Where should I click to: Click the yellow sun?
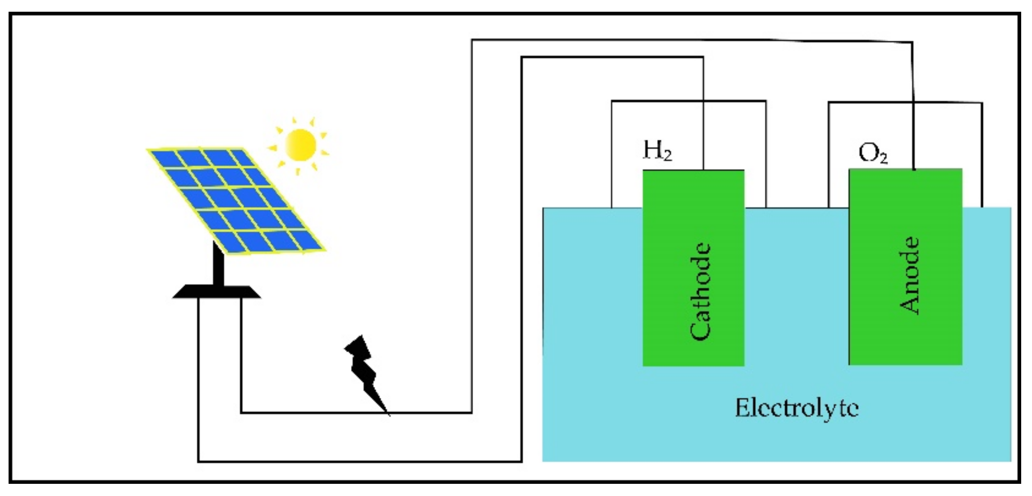tap(300, 145)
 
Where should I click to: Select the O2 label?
tap(872, 153)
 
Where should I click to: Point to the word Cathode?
tap(700, 291)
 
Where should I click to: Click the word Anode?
tap(908, 275)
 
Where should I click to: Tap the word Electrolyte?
tap(797, 408)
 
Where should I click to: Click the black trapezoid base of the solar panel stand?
tap(217, 292)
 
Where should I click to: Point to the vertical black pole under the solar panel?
tap(218, 266)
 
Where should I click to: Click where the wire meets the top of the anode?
tap(914, 170)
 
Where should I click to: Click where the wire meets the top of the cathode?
tap(703, 170)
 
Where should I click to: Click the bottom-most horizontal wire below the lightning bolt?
tap(361, 462)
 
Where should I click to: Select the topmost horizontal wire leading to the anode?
tap(677, 40)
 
